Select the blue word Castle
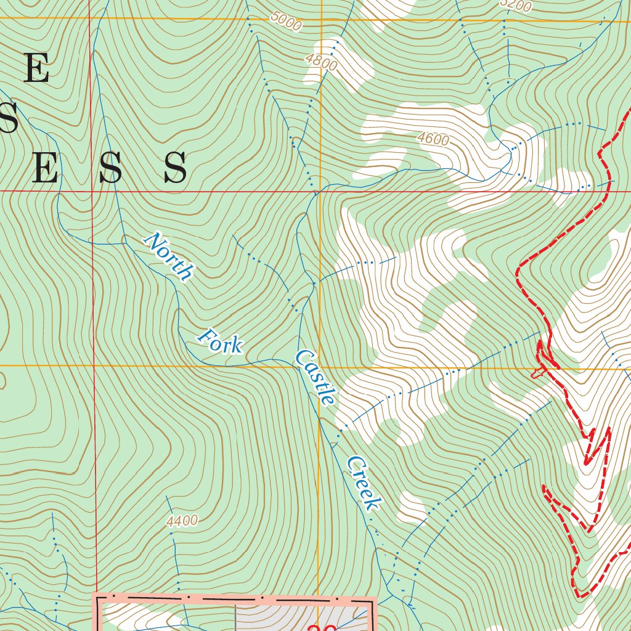coord(315,377)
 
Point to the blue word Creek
coord(362,483)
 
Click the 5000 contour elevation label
coord(286,22)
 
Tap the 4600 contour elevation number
coord(433,139)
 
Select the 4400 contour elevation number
coord(182,521)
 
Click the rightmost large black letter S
coord(175,168)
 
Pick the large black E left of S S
coord(45,168)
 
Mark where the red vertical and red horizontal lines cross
coord(91,191)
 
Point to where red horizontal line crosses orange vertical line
coord(320,191)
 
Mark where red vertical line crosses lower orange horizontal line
coord(94,366)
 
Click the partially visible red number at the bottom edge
coord(320,625)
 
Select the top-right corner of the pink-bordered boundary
coord(372,599)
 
